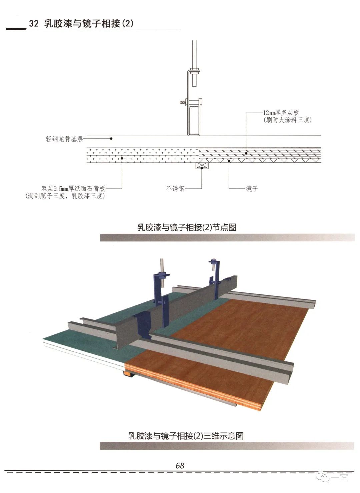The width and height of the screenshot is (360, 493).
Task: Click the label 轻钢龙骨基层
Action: click(x=64, y=139)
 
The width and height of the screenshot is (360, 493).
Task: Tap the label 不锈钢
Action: click(x=175, y=189)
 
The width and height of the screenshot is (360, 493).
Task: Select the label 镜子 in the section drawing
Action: click(x=252, y=189)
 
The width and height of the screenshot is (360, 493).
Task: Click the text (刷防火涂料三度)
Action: click(x=287, y=120)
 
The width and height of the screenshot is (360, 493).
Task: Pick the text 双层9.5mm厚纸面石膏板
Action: click(x=73, y=189)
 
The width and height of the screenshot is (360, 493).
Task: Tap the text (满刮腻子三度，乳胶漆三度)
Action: click(x=65, y=196)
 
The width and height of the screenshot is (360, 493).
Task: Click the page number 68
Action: click(x=180, y=465)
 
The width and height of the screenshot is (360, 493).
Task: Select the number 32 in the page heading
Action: click(x=34, y=24)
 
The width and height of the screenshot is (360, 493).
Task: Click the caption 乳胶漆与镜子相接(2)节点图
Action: click(x=187, y=228)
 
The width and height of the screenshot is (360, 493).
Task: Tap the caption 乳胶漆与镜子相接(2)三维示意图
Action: click(x=186, y=436)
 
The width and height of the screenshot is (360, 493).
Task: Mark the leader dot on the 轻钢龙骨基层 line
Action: click(x=111, y=139)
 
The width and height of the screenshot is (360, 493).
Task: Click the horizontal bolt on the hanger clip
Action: click(x=183, y=102)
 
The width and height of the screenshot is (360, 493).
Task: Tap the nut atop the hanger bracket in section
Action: click(x=195, y=70)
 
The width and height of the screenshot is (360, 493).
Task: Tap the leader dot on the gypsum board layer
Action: click(x=122, y=159)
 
